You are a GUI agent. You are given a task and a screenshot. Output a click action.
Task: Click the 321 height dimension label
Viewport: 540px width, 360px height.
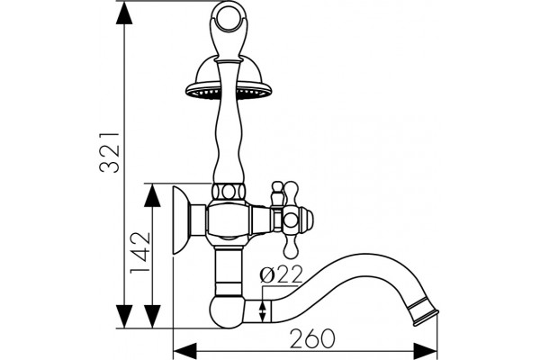coord(110,152)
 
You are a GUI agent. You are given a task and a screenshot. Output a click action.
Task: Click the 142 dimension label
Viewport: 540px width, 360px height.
coord(140,253)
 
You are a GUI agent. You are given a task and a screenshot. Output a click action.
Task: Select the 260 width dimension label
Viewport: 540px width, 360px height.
coord(312,338)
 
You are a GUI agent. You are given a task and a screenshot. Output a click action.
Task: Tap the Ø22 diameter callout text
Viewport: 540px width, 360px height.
coord(282,274)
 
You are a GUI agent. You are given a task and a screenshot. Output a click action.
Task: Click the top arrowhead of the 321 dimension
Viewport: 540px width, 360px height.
coord(124,13)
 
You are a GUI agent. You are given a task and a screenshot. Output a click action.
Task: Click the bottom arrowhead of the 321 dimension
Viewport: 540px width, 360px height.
coord(124,317)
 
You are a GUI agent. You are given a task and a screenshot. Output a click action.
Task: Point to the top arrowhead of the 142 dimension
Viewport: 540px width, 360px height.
coord(152,195)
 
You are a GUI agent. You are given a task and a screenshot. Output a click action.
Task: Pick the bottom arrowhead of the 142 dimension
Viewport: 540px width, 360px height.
coord(152,317)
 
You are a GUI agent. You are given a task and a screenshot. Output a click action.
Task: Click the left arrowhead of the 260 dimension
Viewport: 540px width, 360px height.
coord(184,352)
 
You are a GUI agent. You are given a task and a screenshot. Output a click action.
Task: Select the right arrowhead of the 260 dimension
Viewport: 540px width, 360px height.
coord(426,352)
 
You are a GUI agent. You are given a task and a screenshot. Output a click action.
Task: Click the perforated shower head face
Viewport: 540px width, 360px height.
coord(229,92)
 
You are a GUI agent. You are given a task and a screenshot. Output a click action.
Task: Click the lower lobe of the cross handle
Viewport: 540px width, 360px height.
coord(290,247)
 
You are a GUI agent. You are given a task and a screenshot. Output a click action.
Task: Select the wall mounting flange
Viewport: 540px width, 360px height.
coord(181,220)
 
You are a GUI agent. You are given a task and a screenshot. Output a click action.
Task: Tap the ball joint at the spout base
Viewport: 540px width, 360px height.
coord(227,311)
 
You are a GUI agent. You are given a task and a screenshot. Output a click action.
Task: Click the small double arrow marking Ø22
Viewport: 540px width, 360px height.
coord(263,310)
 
